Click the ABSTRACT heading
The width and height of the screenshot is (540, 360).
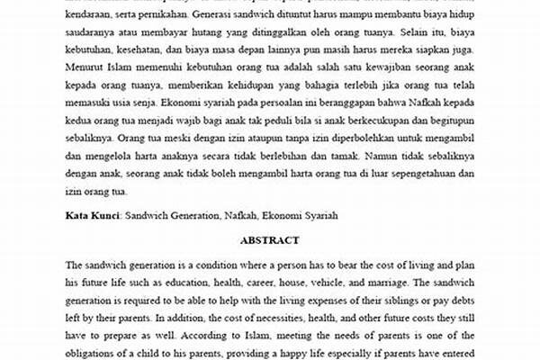pyautogui.click(x=270, y=241)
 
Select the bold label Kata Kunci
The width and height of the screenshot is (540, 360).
pyautogui.click(x=92, y=217)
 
